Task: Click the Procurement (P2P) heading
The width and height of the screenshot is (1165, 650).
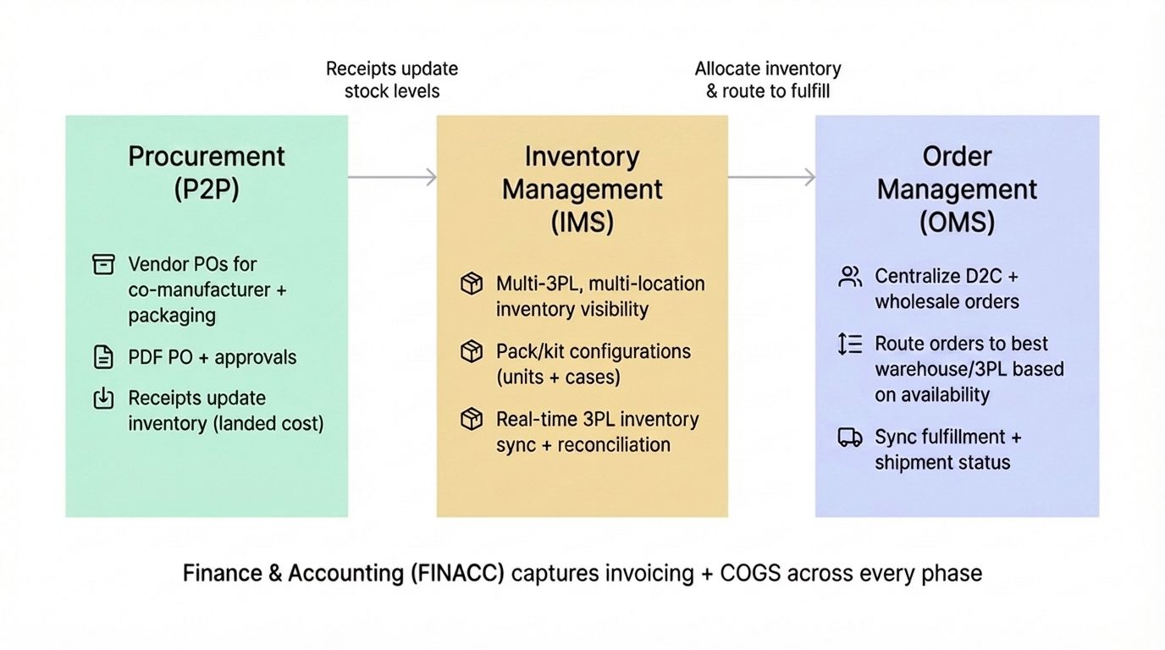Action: pos(207,173)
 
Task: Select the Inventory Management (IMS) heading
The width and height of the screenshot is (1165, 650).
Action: pos(582,189)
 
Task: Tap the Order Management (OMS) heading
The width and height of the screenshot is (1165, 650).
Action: pos(957,189)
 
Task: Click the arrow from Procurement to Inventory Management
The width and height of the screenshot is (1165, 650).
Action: pos(392,177)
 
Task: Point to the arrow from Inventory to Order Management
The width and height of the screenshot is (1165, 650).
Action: pos(771,177)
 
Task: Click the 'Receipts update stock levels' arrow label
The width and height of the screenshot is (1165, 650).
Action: pos(392,80)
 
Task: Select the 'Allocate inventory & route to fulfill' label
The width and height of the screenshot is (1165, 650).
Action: pos(768,80)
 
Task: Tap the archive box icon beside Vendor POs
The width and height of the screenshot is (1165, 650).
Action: pos(103,265)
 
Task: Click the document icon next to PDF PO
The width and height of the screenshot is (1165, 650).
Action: pos(103,357)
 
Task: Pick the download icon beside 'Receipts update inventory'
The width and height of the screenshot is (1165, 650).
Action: pos(103,399)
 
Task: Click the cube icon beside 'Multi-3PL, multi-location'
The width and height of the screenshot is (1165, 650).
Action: pos(472,284)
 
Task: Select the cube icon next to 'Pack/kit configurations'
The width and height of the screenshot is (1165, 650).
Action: pos(472,351)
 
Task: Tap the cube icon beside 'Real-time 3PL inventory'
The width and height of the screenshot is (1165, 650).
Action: pos(472,419)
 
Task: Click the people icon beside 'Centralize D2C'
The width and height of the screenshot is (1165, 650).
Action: pos(849,277)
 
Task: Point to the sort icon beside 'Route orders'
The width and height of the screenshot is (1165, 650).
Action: pos(849,344)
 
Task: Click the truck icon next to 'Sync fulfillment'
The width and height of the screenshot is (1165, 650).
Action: pos(849,438)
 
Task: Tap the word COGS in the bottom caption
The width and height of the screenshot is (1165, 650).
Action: pos(750,573)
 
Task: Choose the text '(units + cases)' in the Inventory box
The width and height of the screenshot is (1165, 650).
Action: pos(558,377)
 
